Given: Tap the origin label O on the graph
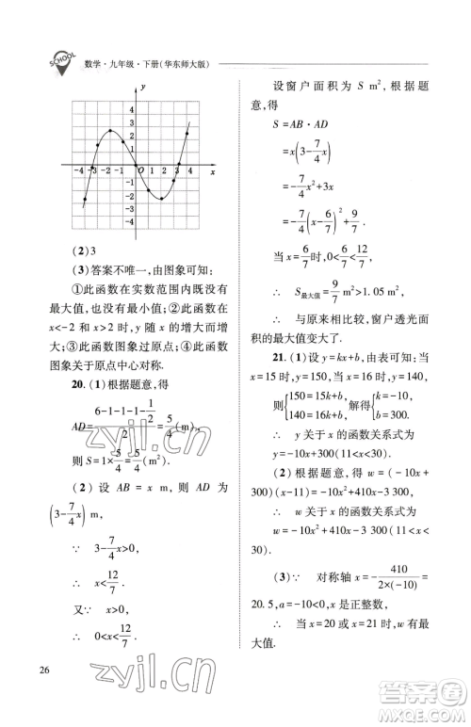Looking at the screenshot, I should coord(141,170).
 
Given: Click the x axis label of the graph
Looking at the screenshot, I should coord(213,173).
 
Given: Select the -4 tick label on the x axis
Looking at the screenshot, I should coord(76,170).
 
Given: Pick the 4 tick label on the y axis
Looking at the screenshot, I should coord(131,111).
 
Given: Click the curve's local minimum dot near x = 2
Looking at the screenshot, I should coord(162,199).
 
